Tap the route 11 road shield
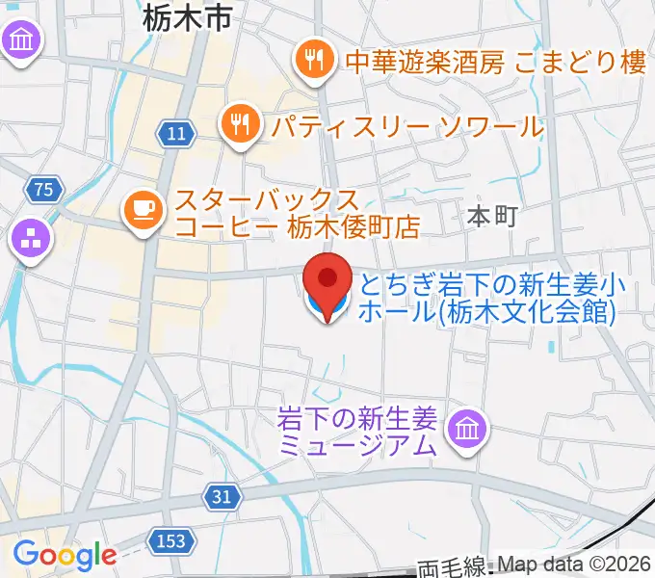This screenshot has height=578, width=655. click(x=174, y=134)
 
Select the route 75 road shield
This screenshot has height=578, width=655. click(x=41, y=189)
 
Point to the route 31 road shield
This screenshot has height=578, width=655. click(x=222, y=497)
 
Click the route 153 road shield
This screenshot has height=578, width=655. click(x=170, y=541)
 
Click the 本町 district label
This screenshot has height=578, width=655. click(x=491, y=217)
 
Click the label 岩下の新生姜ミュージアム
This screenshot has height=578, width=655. click(x=356, y=431)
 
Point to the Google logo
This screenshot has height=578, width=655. click(x=64, y=555)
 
